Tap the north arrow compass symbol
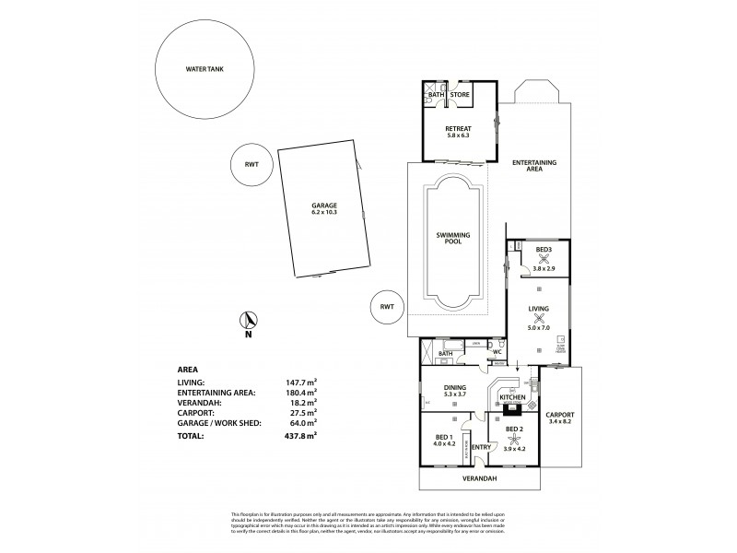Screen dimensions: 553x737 pos(248,322)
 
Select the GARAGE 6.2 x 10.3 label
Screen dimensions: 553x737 pos(324,209)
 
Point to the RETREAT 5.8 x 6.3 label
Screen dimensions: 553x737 pos(458,132)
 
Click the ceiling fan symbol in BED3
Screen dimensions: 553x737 pos(544,260)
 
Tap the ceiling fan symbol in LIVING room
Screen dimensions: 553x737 pos(540,319)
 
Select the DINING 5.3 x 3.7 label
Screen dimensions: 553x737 pos(454,392)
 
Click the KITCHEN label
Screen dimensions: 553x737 pos(511,396)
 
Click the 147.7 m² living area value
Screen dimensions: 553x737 pos(302,381)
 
